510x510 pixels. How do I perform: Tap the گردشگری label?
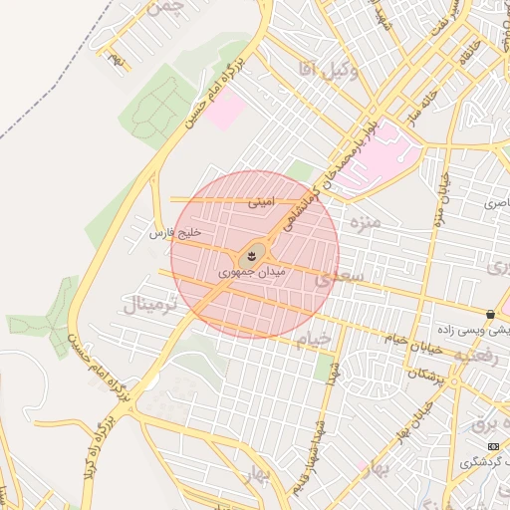pos(482,463)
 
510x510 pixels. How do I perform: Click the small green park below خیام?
pos(324,369)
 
